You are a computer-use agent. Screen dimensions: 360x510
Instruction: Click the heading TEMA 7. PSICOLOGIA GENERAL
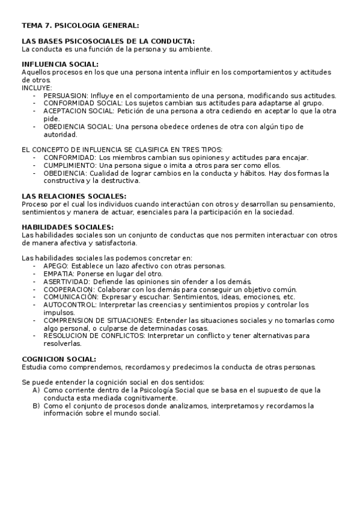[79, 26]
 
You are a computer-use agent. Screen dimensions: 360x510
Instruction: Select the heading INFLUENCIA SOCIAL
[60, 64]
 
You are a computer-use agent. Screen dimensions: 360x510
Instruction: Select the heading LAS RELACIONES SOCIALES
[73, 197]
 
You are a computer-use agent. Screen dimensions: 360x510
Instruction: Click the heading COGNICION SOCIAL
[58, 360]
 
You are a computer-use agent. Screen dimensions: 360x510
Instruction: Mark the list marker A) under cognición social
[37, 391]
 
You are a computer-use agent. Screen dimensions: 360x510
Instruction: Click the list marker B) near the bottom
[37, 407]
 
